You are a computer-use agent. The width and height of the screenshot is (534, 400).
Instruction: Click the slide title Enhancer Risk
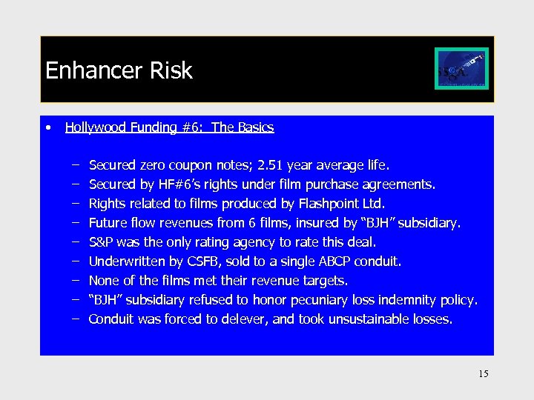[x=119, y=70]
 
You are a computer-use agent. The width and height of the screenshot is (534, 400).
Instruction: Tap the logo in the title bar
[x=461, y=69]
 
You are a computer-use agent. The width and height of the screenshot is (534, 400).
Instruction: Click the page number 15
[x=483, y=373]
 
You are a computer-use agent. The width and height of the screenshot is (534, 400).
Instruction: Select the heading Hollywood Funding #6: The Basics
[x=169, y=127]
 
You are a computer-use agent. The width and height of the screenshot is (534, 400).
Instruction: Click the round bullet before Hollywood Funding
[x=48, y=127]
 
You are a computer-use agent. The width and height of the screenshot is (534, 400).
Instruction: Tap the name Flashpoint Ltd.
[x=343, y=203]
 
